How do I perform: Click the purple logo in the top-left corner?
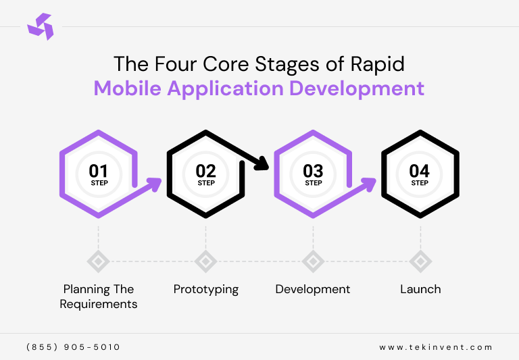pyautogui.click(x=40, y=27)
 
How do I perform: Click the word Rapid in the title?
pyautogui.click(x=380, y=63)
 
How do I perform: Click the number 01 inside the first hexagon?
pyautogui.click(x=99, y=171)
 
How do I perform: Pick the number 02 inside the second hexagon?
pyautogui.click(x=206, y=171)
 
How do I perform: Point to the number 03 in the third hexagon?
pyautogui.click(x=313, y=171)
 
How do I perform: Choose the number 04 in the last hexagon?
pyautogui.click(x=420, y=171)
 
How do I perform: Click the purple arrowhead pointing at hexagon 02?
pyautogui.click(x=155, y=183)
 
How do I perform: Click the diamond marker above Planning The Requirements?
pyautogui.click(x=99, y=261)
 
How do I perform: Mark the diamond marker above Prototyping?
pyautogui.click(x=205, y=261)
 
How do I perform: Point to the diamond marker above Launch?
pyautogui.click(x=420, y=261)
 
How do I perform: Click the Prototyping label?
pyautogui.click(x=206, y=289)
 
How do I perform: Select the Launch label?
pyautogui.click(x=420, y=289)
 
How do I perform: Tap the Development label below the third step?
pyautogui.click(x=313, y=289)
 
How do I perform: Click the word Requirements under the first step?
pyautogui.click(x=99, y=304)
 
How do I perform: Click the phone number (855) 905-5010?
pyautogui.click(x=73, y=347)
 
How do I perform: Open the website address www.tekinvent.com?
pyautogui.click(x=436, y=347)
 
